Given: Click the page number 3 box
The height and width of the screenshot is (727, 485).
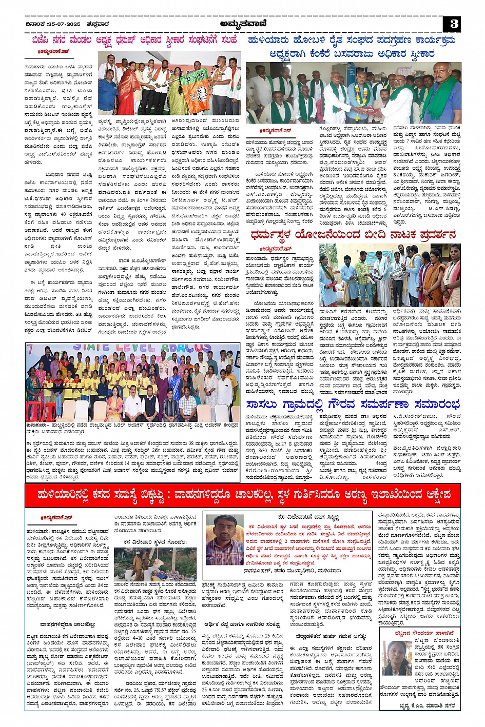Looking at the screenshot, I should point(454,24).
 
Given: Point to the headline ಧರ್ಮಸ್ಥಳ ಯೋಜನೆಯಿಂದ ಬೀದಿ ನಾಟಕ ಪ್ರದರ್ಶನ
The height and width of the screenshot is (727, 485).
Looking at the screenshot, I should point(353,235).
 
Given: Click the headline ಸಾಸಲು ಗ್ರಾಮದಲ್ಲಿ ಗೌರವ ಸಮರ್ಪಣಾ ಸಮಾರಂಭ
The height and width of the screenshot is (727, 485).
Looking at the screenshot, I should point(353,405).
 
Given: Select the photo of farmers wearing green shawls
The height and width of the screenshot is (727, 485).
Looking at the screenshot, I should point(353,93).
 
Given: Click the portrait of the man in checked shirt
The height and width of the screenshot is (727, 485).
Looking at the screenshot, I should point(224,538).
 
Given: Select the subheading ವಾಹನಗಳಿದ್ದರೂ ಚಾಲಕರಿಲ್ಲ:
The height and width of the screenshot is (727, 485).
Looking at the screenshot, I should point(68,624).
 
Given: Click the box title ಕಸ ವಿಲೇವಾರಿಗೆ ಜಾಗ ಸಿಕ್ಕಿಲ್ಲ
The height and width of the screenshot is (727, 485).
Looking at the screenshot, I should point(302,517).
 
